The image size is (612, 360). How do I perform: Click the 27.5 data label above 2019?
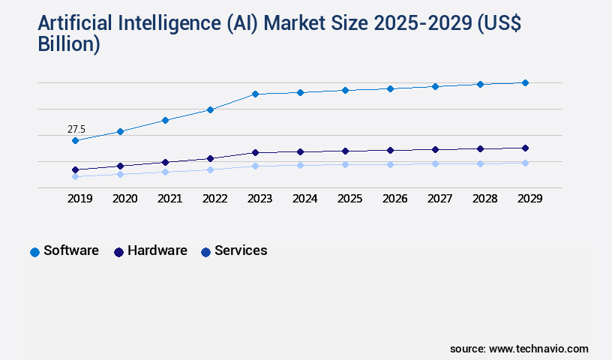pyautogui.click(x=76, y=130)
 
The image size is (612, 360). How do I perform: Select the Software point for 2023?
pyautogui.click(x=255, y=94)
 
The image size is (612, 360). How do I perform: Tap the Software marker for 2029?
pyautogui.click(x=525, y=82)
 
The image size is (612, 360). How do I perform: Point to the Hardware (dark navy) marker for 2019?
pyautogui.click(x=75, y=169)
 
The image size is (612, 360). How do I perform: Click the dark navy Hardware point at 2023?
pyautogui.click(x=255, y=152)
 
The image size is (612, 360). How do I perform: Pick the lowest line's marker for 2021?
pyautogui.click(x=165, y=172)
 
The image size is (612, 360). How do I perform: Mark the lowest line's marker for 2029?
pyautogui.click(x=525, y=163)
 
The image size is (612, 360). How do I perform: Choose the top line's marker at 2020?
pyautogui.click(x=120, y=131)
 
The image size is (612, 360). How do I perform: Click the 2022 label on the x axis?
pyautogui.click(x=214, y=199)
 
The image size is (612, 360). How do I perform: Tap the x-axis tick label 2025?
pyautogui.click(x=349, y=199)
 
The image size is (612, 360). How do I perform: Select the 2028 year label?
pyautogui.click(x=484, y=199)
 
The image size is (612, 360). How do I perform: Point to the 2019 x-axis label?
pyautogui.click(x=79, y=199)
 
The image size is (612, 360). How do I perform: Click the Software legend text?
pyautogui.click(x=71, y=250)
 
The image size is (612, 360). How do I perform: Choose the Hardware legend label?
pyautogui.click(x=157, y=250)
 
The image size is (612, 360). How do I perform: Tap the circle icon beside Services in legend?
pyautogui.click(x=205, y=252)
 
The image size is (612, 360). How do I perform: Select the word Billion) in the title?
pyautogui.click(x=68, y=45)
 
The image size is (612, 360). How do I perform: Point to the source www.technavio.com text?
pyautogui.click(x=519, y=349)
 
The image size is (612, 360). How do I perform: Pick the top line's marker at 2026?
pyautogui.click(x=390, y=88)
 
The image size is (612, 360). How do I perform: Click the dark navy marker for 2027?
pyautogui.click(x=435, y=149)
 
